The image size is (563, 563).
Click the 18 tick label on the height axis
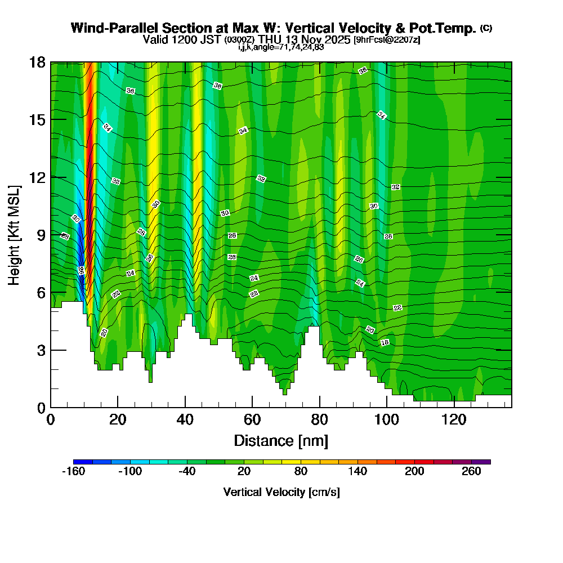[x=37, y=62]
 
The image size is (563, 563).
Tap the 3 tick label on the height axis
[x=41, y=350]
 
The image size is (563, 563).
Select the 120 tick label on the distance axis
[x=454, y=420]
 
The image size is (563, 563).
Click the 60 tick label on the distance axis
[x=252, y=420]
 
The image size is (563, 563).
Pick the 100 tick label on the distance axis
[x=387, y=420]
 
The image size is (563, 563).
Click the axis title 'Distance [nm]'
[x=281, y=440]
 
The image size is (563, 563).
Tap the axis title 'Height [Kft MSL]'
[x=15, y=234]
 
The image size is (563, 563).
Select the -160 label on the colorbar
[x=73, y=472]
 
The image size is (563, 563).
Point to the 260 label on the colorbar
[x=471, y=472]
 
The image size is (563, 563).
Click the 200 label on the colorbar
[x=414, y=472]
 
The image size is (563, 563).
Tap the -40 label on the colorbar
[x=187, y=472]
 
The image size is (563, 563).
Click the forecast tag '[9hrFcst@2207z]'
[x=386, y=40]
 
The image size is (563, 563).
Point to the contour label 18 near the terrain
[x=385, y=342]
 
